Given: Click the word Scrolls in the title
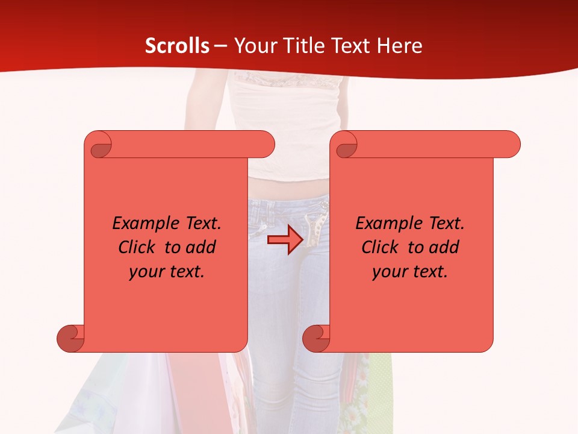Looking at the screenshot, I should point(177,46).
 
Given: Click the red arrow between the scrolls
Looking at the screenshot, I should point(285,241).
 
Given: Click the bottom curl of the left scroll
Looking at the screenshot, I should point(70,338).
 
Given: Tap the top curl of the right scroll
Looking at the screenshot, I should point(346,145).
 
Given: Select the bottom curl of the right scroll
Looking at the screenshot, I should point(316,338).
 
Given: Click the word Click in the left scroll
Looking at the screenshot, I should point(138,248).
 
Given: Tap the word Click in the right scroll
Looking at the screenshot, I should point(381,248).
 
